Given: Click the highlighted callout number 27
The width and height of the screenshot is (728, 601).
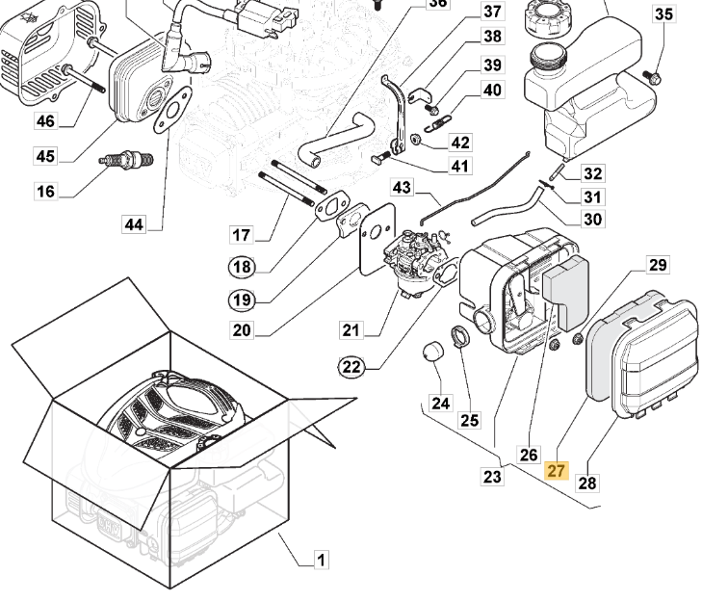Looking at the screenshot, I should click(x=557, y=471).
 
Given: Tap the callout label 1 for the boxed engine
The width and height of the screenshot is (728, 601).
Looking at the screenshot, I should click(x=322, y=560).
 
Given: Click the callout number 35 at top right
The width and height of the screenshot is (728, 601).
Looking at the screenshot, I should click(x=664, y=13).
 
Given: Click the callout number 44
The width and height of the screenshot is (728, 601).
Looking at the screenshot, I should click(x=134, y=224).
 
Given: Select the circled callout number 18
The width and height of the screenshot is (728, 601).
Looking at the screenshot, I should click(x=241, y=267).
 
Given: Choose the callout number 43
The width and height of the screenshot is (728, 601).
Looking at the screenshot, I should click(x=402, y=186).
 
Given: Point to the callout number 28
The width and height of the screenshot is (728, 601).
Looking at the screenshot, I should click(x=586, y=482).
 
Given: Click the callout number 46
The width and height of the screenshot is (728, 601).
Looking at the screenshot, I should click(x=46, y=120).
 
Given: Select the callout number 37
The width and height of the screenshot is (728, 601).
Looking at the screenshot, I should click(x=492, y=12).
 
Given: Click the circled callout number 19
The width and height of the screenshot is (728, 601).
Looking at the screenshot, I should click(x=241, y=300).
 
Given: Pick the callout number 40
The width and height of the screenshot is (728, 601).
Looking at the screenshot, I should click(x=492, y=91).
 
